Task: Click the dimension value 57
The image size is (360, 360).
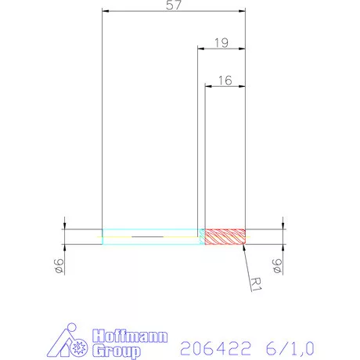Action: click(174, 5)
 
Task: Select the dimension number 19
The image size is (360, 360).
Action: click(221, 44)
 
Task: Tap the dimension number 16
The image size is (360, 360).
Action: click(225, 79)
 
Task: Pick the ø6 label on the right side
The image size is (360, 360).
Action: click(276, 267)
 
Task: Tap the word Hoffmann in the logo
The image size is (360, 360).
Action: click(130, 337)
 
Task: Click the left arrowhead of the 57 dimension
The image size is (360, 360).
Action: click(106, 13)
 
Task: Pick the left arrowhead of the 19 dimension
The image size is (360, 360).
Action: click(200, 50)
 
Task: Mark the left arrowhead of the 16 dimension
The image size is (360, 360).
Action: click(208, 85)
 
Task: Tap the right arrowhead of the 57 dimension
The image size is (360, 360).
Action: click(242, 13)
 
